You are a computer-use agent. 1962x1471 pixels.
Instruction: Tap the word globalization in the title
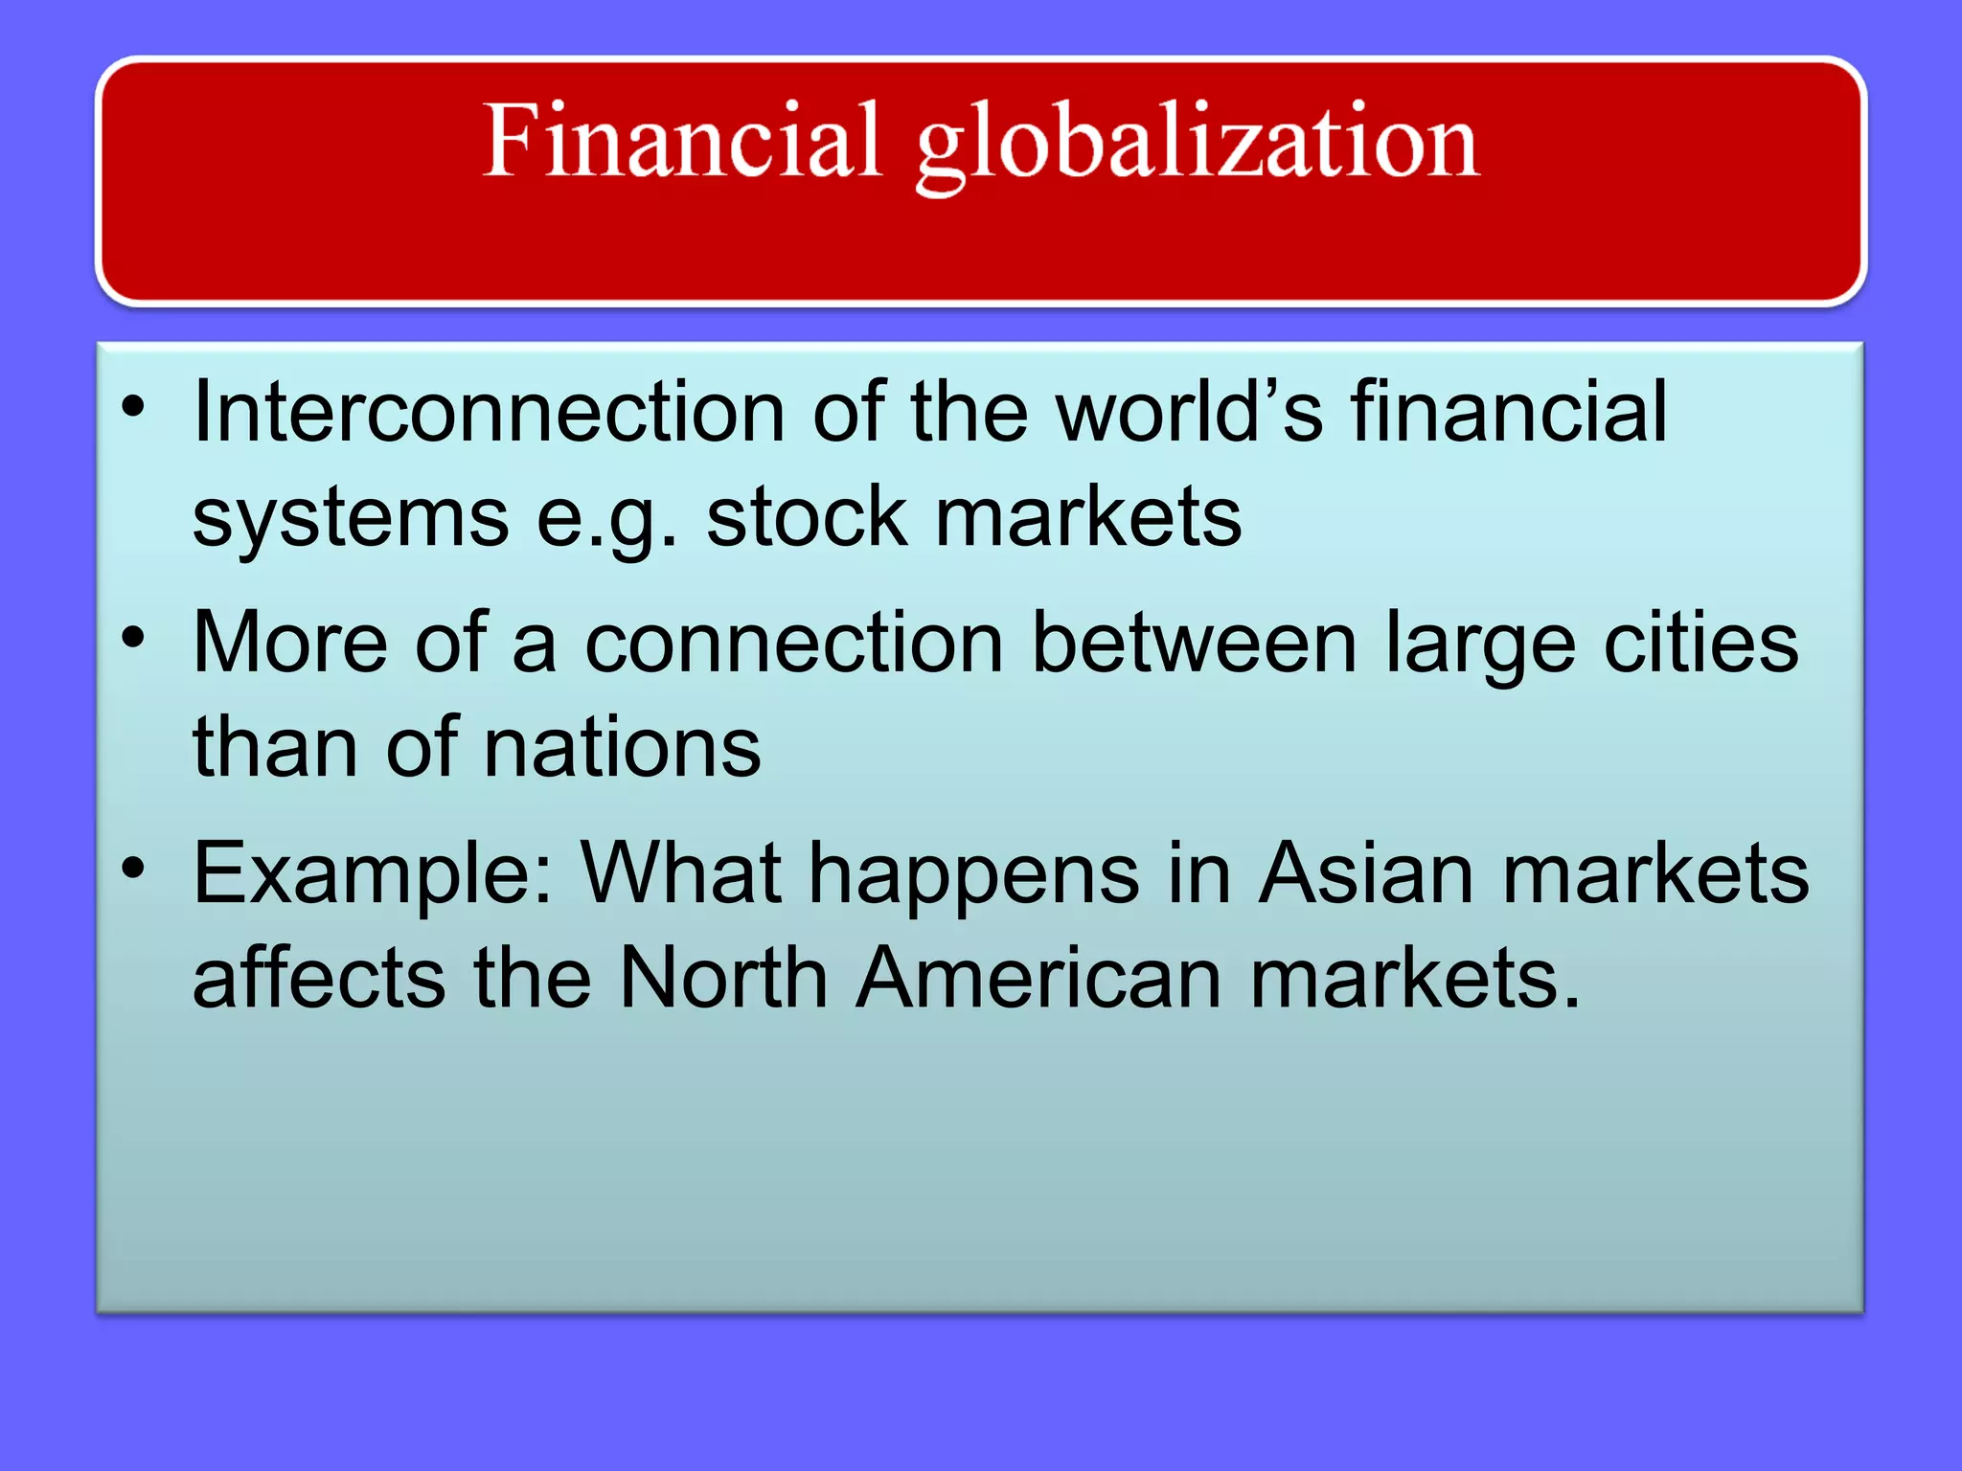(1198, 146)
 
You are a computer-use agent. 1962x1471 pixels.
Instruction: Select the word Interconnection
(489, 412)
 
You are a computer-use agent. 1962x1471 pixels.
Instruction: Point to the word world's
(1189, 412)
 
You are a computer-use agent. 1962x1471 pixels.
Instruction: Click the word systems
(351, 519)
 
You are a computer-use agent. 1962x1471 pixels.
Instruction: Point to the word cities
(1701, 643)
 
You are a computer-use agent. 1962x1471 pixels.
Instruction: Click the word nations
(622, 748)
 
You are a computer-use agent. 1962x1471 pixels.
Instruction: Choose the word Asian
(1365, 873)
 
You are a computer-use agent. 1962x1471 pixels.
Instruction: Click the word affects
(319, 978)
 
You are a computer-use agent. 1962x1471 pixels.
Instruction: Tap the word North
(723, 978)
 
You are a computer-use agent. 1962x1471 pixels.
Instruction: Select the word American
(1038, 978)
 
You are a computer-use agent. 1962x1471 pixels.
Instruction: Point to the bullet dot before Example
(133, 868)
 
